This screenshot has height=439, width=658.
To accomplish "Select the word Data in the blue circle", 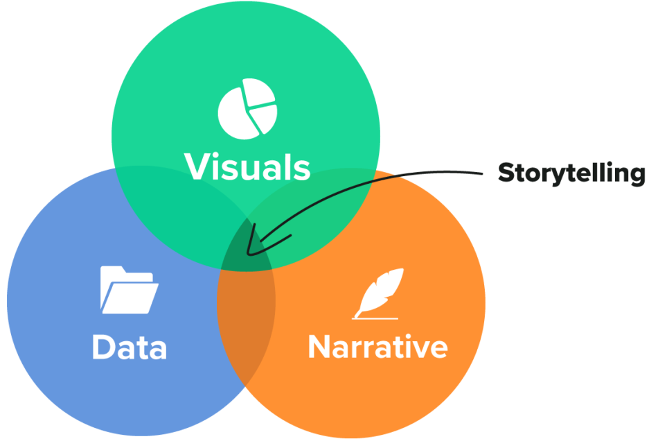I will point(129,347).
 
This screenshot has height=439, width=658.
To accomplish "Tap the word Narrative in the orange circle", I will point(377,346).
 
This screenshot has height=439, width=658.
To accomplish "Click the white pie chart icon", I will point(247,109).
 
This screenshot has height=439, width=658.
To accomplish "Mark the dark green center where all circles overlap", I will point(247,250).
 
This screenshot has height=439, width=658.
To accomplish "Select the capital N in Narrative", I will point(321,346).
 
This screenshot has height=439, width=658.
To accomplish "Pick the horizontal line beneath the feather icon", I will point(375,318).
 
